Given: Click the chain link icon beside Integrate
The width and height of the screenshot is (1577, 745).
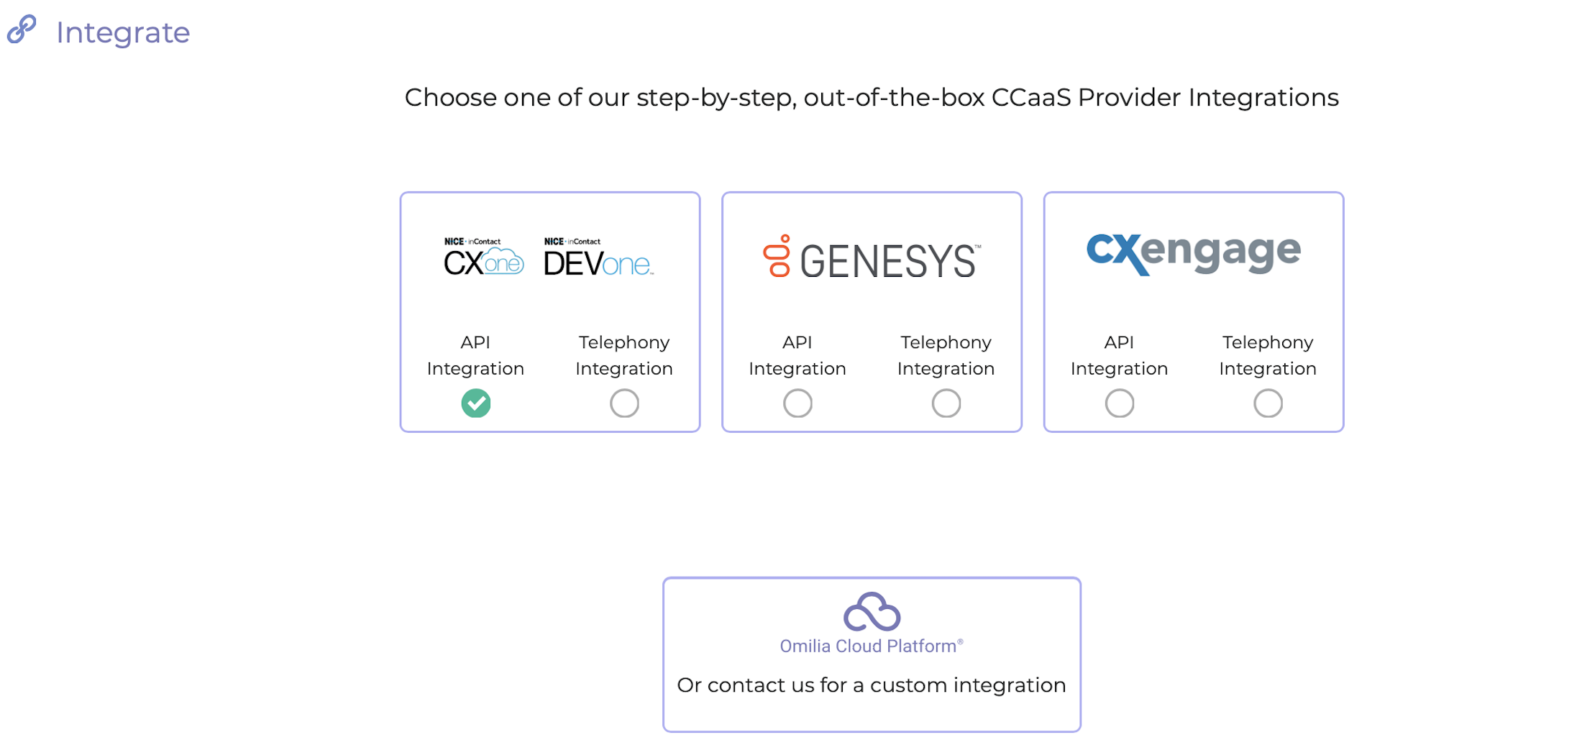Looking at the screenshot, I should point(22,29).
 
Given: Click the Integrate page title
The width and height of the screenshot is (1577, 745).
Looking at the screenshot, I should point(123,33).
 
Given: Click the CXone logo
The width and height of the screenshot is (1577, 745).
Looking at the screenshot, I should point(483,257).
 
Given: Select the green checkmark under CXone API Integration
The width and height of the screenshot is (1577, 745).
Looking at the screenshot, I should point(476,403).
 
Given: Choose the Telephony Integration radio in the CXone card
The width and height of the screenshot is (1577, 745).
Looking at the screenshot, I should point(624,403).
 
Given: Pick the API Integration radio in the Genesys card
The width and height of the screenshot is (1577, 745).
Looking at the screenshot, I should point(797,403).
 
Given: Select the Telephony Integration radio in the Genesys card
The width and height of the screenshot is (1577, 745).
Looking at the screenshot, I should point(946,403).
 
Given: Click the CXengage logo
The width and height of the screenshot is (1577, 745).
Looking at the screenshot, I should point(1194,253).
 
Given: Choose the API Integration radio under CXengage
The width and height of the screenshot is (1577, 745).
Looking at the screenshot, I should point(1120,403).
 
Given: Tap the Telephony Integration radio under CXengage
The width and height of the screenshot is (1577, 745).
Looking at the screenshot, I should point(1268,403).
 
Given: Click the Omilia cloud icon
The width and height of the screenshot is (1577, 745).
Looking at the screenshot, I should point(872,612).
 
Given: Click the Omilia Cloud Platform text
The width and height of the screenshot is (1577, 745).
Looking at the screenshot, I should point(871,646).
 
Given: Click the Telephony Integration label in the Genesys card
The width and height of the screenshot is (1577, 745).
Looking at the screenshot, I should point(946,355).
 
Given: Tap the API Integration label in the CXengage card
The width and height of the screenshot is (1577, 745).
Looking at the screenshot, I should point(1119,355).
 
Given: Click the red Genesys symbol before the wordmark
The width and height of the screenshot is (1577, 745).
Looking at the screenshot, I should point(777,256).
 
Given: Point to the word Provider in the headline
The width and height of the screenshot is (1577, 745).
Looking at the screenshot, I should point(1129,98).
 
